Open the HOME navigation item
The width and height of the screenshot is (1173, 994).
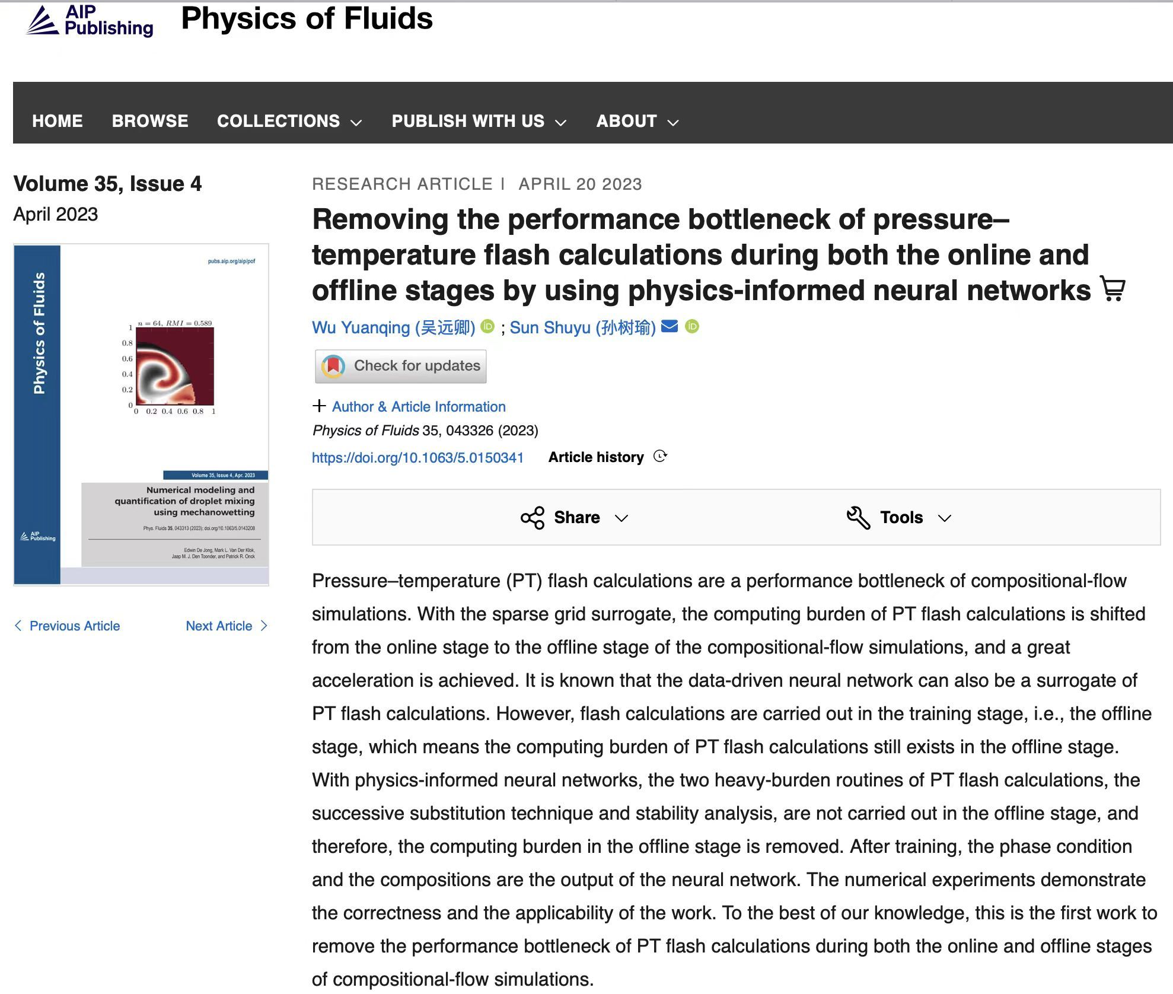point(58,121)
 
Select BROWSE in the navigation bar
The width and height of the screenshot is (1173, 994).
point(150,121)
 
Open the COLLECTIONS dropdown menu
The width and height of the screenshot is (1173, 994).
point(289,121)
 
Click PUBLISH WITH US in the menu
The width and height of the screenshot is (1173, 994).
point(479,121)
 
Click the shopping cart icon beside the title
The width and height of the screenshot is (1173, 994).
point(1113,289)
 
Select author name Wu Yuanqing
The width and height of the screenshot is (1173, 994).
point(393,327)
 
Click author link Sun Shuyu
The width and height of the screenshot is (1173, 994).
point(582,327)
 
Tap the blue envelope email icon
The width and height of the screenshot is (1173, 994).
point(670,326)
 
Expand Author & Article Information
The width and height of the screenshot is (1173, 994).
point(418,407)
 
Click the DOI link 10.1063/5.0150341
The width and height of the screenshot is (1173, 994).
point(417,457)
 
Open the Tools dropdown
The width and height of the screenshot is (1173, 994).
point(899,518)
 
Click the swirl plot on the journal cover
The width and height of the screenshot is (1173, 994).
point(174,367)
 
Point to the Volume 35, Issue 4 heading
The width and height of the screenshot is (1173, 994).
point(107,184)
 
